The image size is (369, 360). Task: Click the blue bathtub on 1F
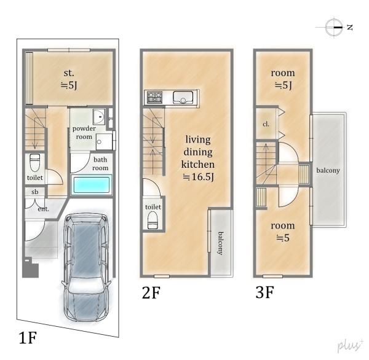(91, 184)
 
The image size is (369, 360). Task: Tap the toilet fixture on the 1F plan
(35, 163)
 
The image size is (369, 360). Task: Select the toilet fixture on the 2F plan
(153, 220)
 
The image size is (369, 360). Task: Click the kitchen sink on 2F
(183, 97)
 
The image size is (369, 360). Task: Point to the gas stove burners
(154, 97)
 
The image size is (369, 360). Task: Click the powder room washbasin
(99, 116)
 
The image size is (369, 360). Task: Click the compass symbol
(334, 27)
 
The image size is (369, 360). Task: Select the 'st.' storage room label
(69, 73)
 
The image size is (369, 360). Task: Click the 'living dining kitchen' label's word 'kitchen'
(197, 164)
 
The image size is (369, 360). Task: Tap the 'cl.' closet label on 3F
(266, 124)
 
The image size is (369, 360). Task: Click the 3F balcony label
(328, 170)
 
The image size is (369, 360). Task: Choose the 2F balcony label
(220, 243)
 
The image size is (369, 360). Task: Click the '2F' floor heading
(151, 293)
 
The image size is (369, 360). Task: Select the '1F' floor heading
(28, 337)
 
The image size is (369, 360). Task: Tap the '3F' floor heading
(264, 292)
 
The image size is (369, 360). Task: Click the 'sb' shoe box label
(35, 192)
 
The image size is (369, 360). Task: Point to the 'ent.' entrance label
(44, 209)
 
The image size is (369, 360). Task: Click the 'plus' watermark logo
(350, 346)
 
